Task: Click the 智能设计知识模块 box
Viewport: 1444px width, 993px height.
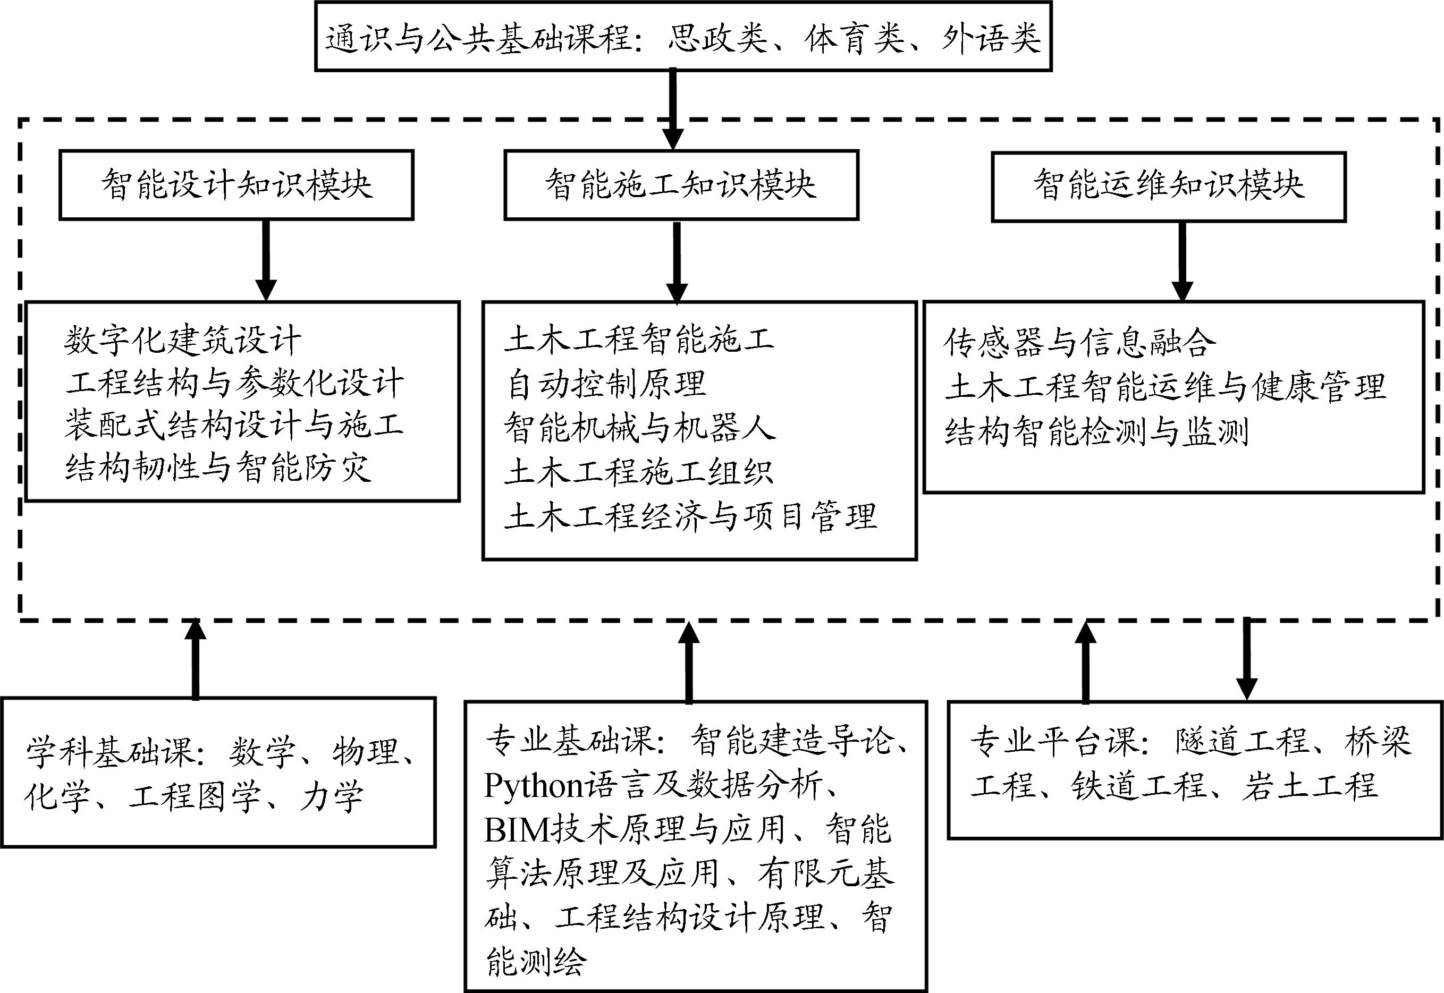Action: pyautogui.click(x=237, y=185)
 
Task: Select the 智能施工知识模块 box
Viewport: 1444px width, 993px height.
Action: pyautogui.click(x=681, y=185)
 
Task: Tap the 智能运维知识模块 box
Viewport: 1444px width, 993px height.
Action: pyautogui.click(x=1168, y=186)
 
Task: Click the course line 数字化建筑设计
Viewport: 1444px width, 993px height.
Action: pyautogui.click(x=182, y=341)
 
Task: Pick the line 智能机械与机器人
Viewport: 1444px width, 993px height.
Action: pyautogui.click(x=640, y=428)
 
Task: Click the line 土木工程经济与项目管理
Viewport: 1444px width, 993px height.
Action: pyautogui.click(x=691, y=516)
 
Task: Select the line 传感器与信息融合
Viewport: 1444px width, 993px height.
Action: pyautogui.click(x=1080, y=343)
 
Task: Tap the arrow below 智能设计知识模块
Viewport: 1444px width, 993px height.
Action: pyautogui.click(x=266, y=260)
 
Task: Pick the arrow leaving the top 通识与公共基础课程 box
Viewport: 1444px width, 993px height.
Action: pyautogui.click(x=672, y=109)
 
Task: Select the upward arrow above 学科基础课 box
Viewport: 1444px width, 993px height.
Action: pyautogui.click(x=196, y=659)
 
